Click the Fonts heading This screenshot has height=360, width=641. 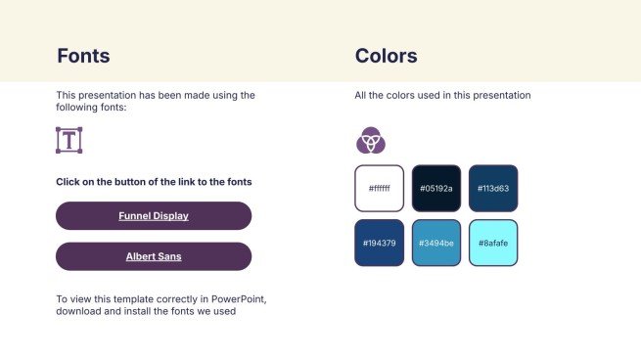(83, 56)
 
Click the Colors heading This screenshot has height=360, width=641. (386, 56)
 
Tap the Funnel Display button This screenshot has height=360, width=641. (154, 216)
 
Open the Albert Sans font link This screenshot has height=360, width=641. (154, 256)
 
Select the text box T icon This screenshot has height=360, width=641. (69, 140)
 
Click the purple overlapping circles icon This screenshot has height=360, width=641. (371, 140)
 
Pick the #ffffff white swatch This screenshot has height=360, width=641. (380, 189)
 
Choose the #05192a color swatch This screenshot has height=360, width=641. (436, 189)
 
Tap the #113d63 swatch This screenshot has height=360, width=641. (493, 189)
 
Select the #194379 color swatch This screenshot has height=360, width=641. (380, 243)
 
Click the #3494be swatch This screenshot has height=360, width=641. (436, 243)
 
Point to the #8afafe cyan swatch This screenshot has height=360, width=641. (493, 243)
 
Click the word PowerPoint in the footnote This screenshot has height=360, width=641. (239, 299)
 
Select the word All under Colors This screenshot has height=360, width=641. (360, 95)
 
